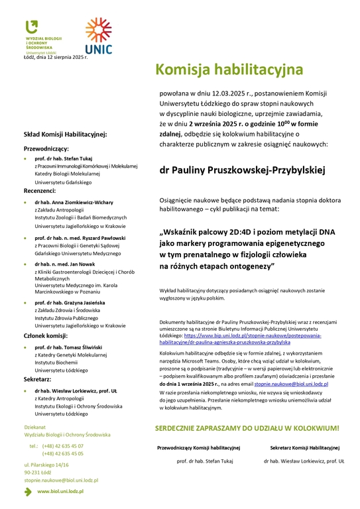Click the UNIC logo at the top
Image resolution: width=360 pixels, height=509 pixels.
[x=98, y=36]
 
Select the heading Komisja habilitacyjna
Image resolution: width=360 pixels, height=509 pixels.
[x=229, y=69]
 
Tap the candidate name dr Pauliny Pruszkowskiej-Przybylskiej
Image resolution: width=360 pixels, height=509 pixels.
[x=242, y=170]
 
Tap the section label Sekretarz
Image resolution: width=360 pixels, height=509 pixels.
[x=38, y=380]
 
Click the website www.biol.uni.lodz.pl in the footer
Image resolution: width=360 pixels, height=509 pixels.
[x=63, y=491]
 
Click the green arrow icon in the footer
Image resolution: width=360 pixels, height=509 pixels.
[x=29, y=491]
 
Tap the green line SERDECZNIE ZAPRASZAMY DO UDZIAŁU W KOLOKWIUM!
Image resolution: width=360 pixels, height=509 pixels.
[x=247, y=428]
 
